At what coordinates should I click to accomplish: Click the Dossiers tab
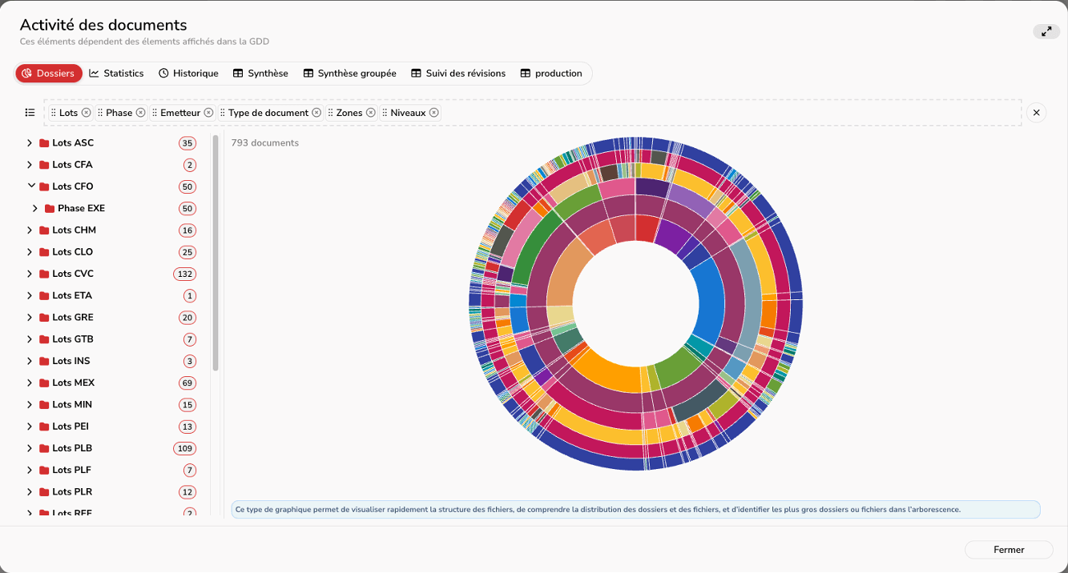[x=49, y=74]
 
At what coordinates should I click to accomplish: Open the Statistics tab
[x=116, y=74]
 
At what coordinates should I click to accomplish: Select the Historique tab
[x=188, y=74]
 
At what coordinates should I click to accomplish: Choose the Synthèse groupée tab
[x=349, y=74]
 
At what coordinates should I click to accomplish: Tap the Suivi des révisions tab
[x=458, y=74]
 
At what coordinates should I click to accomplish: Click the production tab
[x=551, y=74]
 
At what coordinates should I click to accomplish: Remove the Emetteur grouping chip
[x=208, y=113]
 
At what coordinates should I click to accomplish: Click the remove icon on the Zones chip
[x=370, y=113]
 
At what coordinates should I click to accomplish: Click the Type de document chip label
[x=268, y=113]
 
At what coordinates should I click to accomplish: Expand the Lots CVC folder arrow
[x=30, y=274]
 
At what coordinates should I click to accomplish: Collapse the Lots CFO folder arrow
[x=31, y=186]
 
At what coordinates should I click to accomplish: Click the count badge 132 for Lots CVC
[x=184, y=274]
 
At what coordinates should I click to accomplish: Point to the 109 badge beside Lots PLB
[x=184, y=448]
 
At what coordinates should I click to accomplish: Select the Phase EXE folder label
[x=81, y=208]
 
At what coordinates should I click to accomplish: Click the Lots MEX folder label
[x=74, y=383]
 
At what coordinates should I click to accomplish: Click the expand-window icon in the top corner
[x=1046, y=31]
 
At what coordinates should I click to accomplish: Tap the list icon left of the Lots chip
[x=30, y=113]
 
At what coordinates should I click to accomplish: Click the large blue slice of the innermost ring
[x=708, y=300]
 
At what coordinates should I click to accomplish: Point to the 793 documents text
[x=265, y=143]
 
